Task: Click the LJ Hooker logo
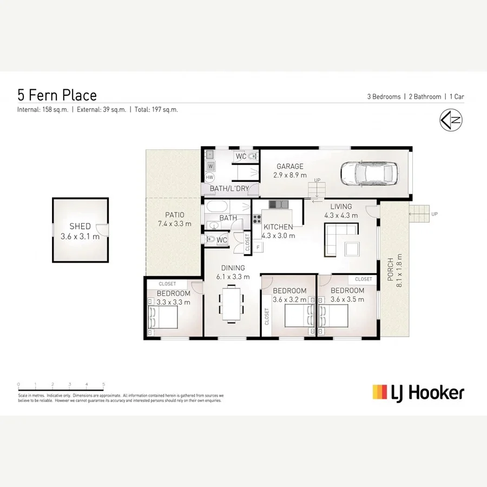click(418, 392)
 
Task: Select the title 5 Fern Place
click(57, 95)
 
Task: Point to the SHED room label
click(80, 227)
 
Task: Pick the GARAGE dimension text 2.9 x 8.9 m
click(290, 175)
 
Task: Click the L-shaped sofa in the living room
click(338, 238)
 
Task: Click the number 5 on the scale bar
click(103, 384)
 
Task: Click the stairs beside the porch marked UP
click(419, 214)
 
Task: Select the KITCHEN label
click(278, 227)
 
